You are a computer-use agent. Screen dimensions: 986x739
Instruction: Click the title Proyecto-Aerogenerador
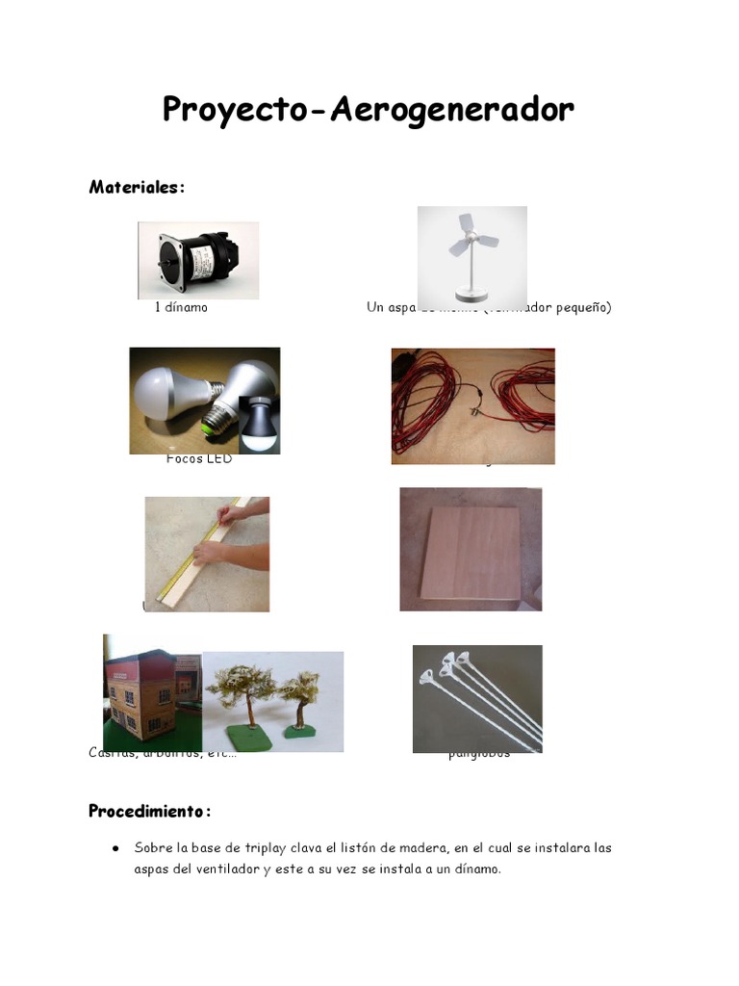[x=368, y=111]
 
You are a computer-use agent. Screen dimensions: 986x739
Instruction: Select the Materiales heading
[x=137, y=187]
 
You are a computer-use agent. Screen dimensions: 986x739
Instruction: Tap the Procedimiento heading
[x=149, y=811]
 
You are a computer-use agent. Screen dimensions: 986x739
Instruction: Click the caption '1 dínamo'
[x=181, y=308]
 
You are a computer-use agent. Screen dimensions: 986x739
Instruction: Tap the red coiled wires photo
[x=472, y=406]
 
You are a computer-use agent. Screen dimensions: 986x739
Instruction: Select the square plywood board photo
[x=471, y=550]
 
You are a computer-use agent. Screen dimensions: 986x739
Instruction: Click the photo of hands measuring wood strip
[x=207, y=555]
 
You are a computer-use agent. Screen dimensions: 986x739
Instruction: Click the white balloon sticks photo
[x=477, y=699]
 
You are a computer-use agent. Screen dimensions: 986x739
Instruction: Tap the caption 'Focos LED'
[x=199, y=459]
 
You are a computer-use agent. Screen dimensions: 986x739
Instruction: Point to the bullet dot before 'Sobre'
[x=115, y=848]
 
